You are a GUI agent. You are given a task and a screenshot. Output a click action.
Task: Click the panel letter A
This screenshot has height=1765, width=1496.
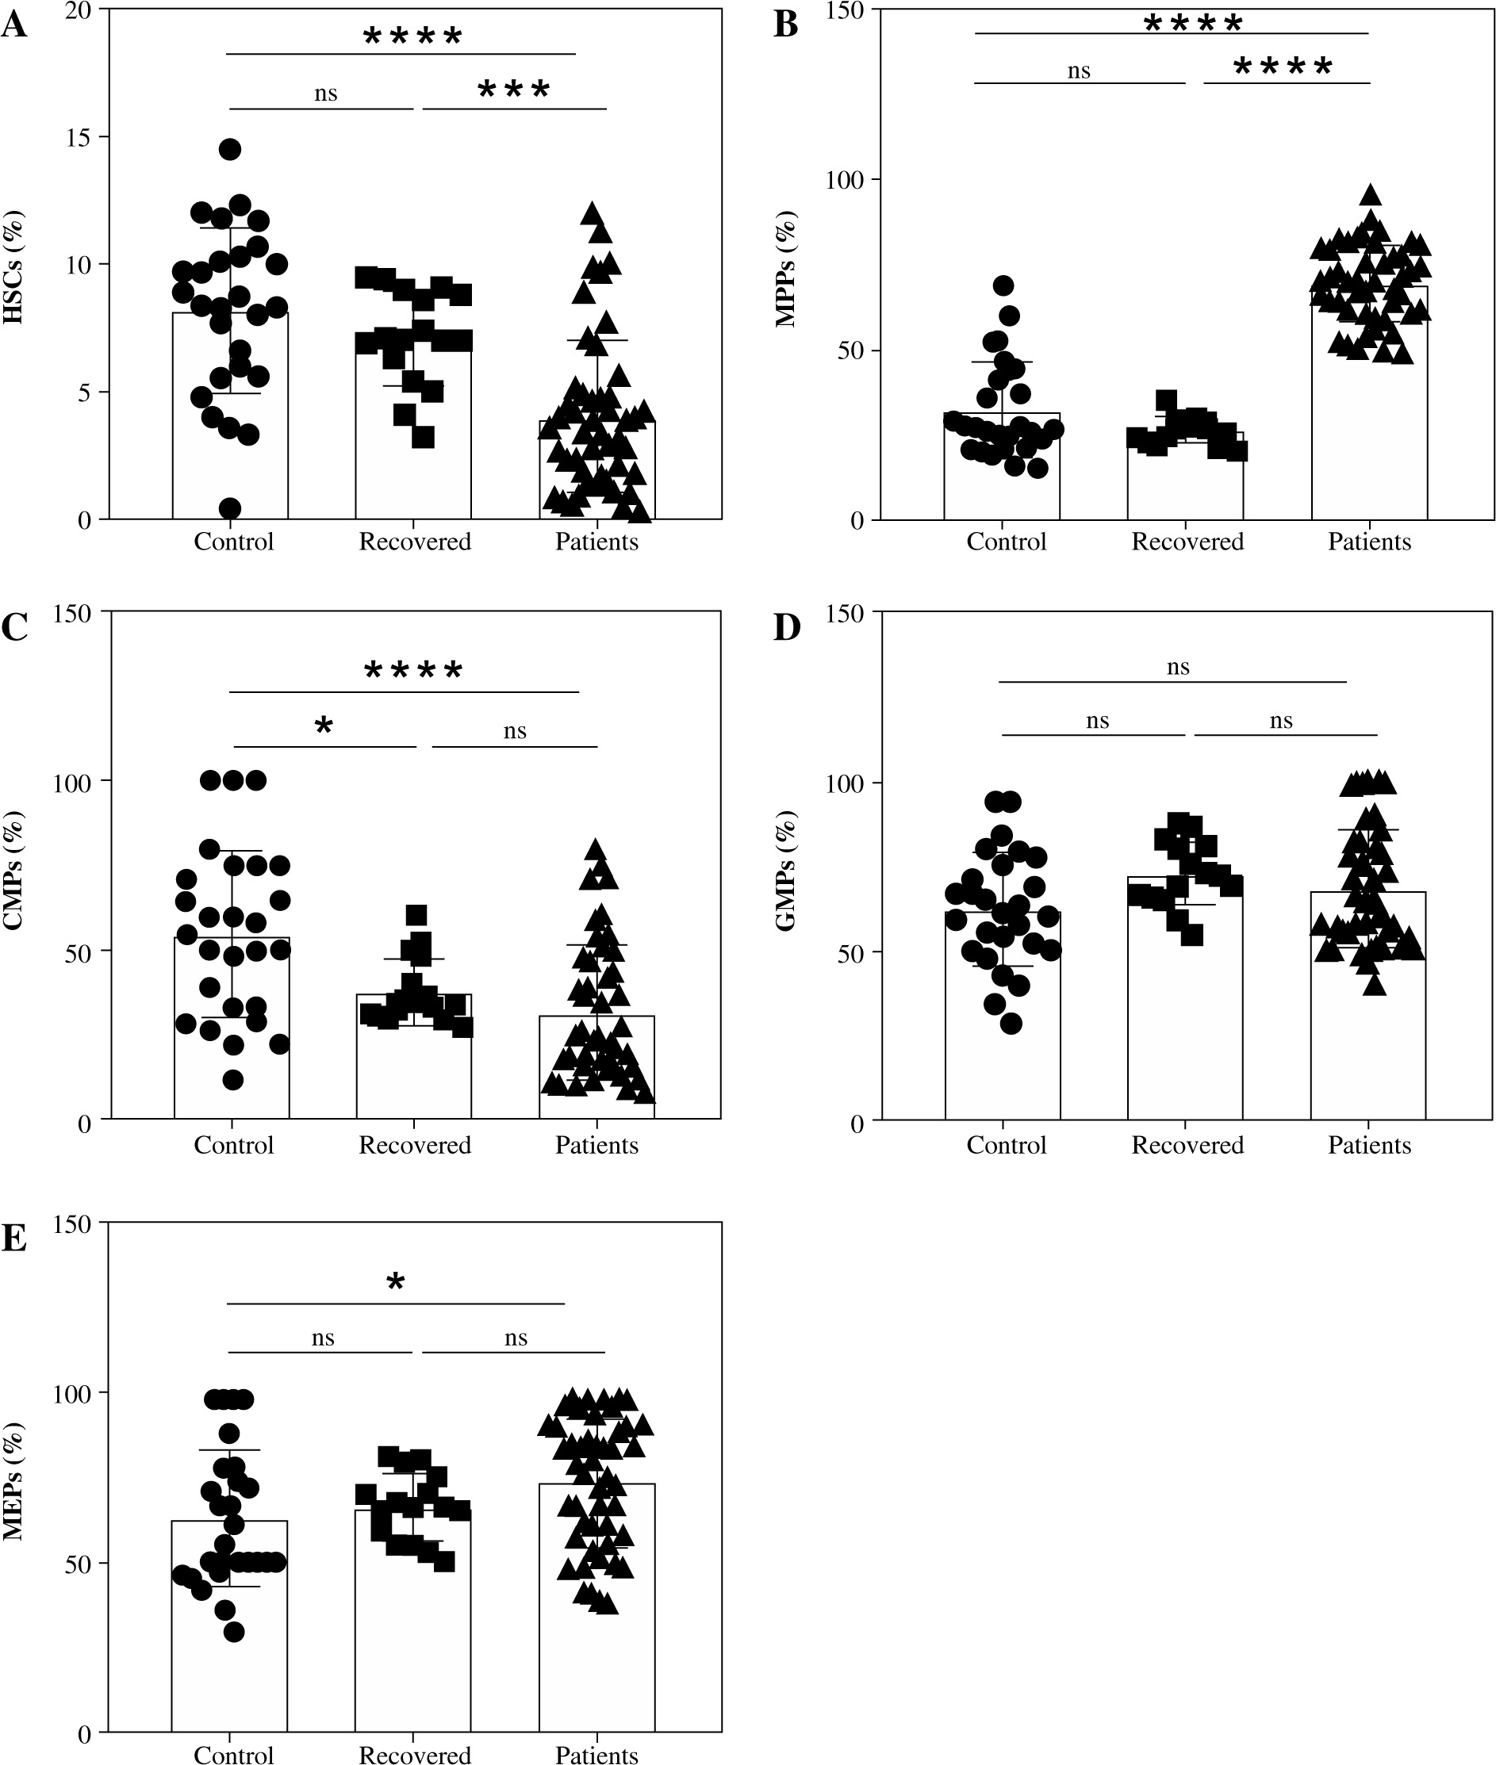coord(14,25)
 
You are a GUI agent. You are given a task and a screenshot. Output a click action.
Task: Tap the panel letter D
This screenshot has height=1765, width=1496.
coord(787,628)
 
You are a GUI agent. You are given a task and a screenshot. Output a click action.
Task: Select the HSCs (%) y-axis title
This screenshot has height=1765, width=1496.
coord(14,268)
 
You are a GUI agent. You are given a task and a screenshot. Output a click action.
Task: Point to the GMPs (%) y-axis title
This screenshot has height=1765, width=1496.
coord(787,871)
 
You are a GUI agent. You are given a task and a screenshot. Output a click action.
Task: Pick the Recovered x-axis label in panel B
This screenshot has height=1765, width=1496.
coord(1187,542)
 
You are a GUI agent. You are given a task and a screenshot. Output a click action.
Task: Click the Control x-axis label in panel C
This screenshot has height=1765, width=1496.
coord(234,1145)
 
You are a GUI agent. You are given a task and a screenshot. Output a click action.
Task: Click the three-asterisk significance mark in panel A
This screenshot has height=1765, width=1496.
coord(514,89)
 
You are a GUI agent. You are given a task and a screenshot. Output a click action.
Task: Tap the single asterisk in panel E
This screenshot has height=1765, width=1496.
coord(395,1282)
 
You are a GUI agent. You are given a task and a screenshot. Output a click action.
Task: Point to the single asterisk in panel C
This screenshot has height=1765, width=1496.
coord(323,726)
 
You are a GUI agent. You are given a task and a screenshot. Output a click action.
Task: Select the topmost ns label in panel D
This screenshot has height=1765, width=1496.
coord(1178,667)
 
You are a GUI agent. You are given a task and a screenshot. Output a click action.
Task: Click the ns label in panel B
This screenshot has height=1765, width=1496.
coord(1079,71)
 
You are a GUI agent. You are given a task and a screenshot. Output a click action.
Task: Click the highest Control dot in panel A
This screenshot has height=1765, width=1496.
coord(230,149)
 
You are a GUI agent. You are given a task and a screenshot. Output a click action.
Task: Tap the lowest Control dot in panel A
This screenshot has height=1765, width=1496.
coord(230,508)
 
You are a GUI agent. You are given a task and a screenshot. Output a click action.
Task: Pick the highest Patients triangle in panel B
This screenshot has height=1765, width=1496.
coord(1371,195)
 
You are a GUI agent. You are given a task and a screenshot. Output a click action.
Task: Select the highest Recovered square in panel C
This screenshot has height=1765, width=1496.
coord(416,915)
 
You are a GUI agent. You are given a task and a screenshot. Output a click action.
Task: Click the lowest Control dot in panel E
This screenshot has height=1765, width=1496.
coord(234,1632)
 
